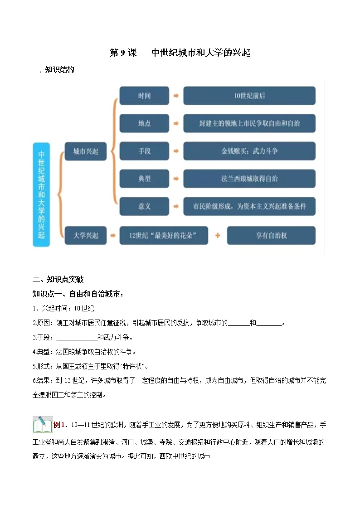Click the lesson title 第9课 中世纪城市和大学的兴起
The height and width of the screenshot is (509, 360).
(x=180, y=53)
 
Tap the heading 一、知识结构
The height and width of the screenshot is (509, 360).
(x=54, y=70)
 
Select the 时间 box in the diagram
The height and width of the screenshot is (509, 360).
(x=144, y=96)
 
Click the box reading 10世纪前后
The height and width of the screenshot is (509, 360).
(x=249, y=96)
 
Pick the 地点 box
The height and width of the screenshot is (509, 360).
(x=144, y=123)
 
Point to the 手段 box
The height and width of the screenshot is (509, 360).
(x=144, y=151)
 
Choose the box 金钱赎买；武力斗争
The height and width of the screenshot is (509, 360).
(x=249, y=151)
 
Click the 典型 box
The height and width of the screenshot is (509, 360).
(x=144, y=179)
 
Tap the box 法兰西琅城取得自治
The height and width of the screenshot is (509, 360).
(x=249, y=179)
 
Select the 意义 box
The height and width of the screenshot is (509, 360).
(x=144, y=206)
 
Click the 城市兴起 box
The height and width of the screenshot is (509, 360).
(x=86, y=151)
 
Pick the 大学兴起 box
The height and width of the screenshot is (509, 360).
(x=86, y=235)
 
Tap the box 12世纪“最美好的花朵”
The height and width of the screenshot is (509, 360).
(x=164, y=235)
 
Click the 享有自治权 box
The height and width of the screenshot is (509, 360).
(x=271, y=235)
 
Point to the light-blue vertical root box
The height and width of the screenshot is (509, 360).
(x=41, y=194)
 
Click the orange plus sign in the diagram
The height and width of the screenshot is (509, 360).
(x=218, y=235)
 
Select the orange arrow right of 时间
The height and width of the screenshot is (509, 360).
(x=176, y=96)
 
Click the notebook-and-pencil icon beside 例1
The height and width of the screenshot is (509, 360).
(x=42, y=425)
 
